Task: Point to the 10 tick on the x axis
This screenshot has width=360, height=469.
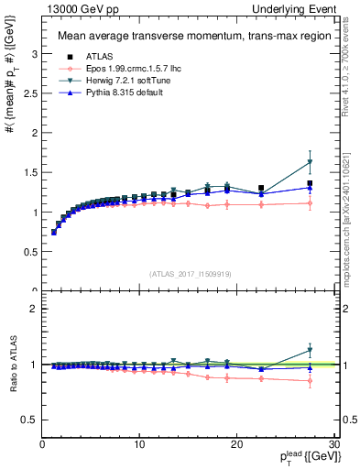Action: (x=139, y=445)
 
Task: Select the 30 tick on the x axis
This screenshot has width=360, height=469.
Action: (x=333, y=445)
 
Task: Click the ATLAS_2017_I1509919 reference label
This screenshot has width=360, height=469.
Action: (x=189, y=273)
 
